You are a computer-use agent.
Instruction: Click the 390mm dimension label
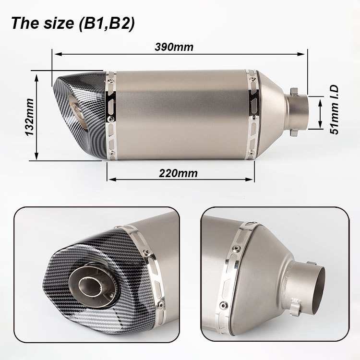point(174,47)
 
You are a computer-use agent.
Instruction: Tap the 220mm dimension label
point(178,173)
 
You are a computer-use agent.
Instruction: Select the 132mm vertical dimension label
point(29,117)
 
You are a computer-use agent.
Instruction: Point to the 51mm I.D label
point(334,109)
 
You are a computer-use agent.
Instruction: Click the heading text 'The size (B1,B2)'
point(73,24)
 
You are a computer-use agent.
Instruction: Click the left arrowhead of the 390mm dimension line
point(59,54)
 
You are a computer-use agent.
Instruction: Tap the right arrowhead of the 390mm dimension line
point(301,54)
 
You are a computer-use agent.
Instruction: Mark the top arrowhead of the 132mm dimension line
point(36,78)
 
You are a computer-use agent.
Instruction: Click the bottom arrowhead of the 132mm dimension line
point(36,156)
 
